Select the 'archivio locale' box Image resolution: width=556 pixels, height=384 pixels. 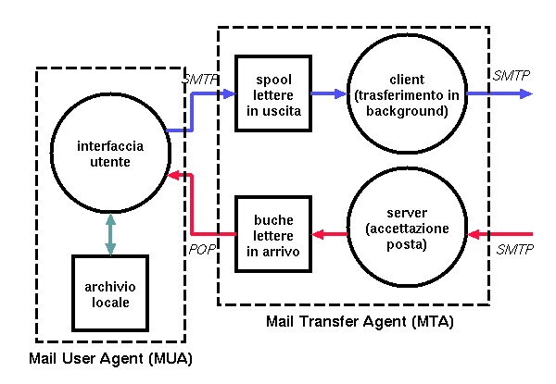(x=111, y=293)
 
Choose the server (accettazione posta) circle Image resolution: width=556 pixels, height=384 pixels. (x=408, y=234)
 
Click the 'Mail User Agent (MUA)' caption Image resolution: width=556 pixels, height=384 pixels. (x=109, y=357)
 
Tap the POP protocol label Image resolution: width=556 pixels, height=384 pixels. (x=202, y=250)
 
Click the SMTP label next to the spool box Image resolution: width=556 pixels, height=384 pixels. (x=200, y=80)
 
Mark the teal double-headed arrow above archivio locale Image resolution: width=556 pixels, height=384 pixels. (x=110, y=234)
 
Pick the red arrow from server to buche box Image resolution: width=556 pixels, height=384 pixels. (x=328, y=234)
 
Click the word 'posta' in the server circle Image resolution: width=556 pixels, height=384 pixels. (x=408, y=246)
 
